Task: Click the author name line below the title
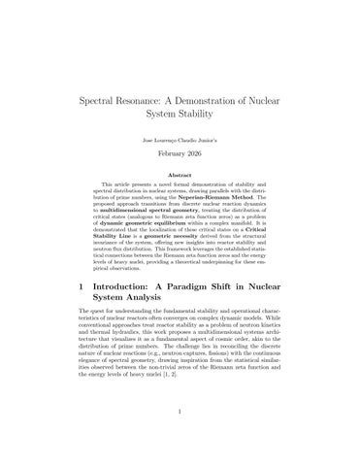180,139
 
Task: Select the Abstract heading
180,175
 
